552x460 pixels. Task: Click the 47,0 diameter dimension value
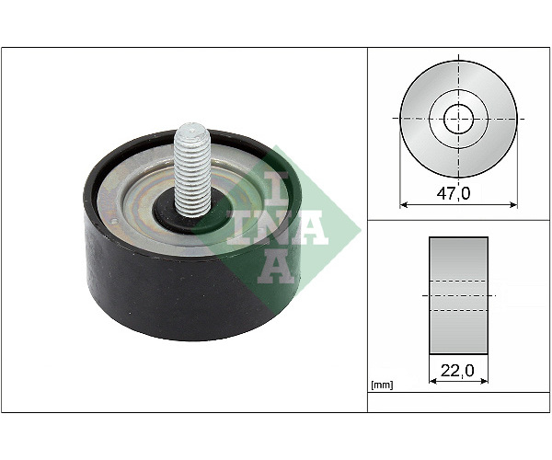click(453, 193)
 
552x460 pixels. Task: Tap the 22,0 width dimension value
click(457, 370)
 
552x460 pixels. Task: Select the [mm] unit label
click(382, 385)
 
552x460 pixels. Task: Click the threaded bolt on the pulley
click(192, 169)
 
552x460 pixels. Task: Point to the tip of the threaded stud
click(192, 124)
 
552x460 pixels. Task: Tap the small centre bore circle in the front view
click(458, 119)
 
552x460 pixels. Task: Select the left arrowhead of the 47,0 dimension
click(404, 204)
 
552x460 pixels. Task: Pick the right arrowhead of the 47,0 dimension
click(513, 204)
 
